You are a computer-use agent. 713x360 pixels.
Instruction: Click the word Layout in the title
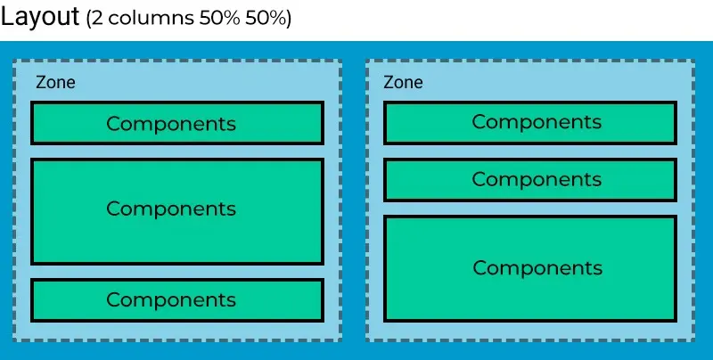(40, 16)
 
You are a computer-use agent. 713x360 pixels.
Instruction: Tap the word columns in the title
(151, 18)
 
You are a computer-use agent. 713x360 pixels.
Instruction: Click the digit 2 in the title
(98, 18)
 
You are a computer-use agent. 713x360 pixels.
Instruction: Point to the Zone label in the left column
(55, 82)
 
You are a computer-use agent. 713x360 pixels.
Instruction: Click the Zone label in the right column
(403, 82)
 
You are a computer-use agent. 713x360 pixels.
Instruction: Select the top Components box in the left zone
(177, 123)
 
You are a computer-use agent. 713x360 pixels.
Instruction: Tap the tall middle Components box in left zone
(177, 211)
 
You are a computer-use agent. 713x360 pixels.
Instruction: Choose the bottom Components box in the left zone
(177, 300)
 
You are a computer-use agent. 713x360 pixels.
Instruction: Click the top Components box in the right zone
(530, 123)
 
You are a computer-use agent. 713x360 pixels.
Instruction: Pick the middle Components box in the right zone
(530, 179)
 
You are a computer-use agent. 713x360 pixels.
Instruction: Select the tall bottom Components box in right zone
(530, 268)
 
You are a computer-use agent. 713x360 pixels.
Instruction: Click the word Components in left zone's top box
(171, 124)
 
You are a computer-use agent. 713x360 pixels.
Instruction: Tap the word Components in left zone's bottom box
(171, 300)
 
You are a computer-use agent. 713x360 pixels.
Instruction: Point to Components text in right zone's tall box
(537, 268)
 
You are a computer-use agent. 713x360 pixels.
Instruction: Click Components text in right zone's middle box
(537, 180)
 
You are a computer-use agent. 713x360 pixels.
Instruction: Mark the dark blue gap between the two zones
(354, 200)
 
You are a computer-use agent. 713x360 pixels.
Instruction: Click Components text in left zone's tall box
(171, 209)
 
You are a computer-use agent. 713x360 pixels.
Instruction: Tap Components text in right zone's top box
(537, 122)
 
